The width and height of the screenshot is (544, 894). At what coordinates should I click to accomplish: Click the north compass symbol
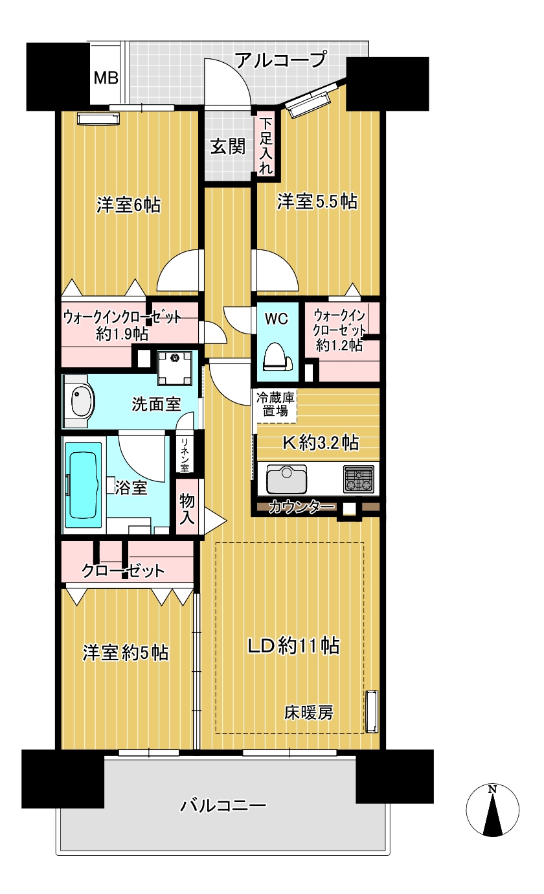click(x=492, y=809)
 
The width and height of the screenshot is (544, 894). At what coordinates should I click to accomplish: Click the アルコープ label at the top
click(x=279, y=61)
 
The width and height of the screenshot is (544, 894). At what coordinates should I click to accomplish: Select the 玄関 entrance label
click(x=227, y=146)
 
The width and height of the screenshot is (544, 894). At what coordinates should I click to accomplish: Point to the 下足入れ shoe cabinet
click(x=266, y=146)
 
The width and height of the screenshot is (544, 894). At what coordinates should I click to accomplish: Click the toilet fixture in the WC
click(x=276, y=356)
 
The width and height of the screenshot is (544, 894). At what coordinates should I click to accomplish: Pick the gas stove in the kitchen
click(x=359, y=479)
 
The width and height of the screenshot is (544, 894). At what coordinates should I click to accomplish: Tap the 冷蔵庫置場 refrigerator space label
click(x=275, y=403)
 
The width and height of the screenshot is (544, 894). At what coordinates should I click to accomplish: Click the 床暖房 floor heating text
click(x=309, y=713)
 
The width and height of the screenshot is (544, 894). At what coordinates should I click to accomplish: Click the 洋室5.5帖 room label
click(x=317, y=201)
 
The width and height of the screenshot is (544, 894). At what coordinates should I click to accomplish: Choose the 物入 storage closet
click(x=187, y=506)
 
